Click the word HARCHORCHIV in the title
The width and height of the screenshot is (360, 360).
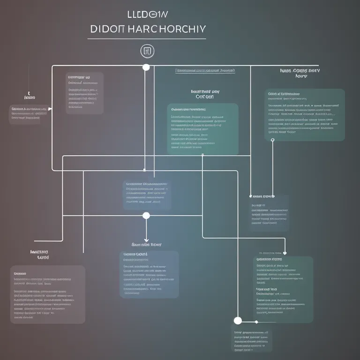click(x=167, y=28)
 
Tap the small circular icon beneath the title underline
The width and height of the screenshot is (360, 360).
click(x=146, y=51)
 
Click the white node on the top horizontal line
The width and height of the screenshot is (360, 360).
click(x=146, y=67)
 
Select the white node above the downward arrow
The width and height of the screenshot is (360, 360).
click(x=146, y=216)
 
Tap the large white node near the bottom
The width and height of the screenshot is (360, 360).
click(x=238, y=321)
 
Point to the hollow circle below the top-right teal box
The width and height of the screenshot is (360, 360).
click(x=272, y=140)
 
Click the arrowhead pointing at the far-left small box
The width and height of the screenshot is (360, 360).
click(x=50, y=109)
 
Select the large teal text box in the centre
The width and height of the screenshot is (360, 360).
click(x=202, y=129)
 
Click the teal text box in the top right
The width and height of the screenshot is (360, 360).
click(x=305, y=115)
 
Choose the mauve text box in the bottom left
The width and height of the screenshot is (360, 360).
click(x=47, y=294)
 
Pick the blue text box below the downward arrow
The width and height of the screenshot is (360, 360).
click(x=149, y=274)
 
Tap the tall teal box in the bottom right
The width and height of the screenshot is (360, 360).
click(x=283, y=289)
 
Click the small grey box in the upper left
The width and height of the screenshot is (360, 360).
click(x=84, y=93)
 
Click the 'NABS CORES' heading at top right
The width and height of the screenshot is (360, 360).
click(x=300, y=73)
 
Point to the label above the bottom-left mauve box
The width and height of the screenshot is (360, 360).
click(x=39, y=254)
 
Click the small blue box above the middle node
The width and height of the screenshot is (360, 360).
click(x=147, y=195)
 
